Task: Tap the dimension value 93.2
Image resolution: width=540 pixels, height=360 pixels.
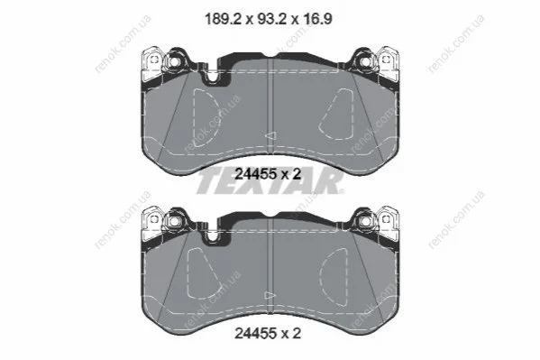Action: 270,19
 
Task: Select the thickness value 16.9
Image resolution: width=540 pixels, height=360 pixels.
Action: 317,19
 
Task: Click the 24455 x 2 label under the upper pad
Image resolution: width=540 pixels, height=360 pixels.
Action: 268,174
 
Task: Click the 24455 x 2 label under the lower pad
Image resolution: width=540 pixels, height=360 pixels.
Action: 268,333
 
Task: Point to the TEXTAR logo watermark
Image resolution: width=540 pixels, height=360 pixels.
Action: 270,182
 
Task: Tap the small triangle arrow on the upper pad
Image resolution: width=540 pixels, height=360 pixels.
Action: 270,135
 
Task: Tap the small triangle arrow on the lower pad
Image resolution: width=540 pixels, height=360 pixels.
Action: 270,296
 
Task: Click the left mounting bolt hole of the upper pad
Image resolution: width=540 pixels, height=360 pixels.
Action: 174,62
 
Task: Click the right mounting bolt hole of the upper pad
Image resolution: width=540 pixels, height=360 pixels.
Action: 366,62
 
